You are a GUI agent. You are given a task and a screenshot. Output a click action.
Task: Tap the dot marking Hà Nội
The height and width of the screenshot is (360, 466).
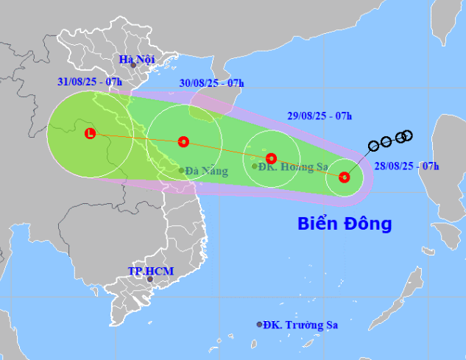click(133, 66)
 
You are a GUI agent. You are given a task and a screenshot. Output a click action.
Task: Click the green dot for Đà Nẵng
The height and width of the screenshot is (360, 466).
click(182, 171)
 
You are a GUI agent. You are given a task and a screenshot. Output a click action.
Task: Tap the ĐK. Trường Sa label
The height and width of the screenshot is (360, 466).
click(305, 325)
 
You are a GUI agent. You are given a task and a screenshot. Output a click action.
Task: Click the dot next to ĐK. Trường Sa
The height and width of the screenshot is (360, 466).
click(259, 324)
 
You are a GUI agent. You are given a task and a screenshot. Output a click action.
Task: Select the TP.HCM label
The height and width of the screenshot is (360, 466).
click(150, 271)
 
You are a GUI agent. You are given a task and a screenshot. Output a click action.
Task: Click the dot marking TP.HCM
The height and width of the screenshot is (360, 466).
click(149, 279)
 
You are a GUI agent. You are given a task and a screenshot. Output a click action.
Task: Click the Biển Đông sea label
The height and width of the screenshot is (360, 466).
click(345, 223)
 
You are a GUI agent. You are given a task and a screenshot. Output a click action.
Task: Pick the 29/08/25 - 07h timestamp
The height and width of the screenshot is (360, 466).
click(320, 116)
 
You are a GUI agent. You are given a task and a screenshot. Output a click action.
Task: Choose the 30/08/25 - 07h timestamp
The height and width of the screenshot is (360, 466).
click(211, 84)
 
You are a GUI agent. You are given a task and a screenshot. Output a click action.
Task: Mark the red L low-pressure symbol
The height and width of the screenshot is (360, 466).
click(90, 133)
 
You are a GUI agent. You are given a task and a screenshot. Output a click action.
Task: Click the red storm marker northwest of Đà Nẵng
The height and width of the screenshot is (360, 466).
click(183, 141)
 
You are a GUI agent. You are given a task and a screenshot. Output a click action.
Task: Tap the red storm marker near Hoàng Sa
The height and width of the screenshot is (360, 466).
click(271, 158)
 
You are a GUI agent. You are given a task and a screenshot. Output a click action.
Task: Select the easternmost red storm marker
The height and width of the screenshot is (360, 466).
click(345, 177)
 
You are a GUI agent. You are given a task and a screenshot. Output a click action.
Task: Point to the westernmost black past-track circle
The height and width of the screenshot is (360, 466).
click(373, 145)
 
